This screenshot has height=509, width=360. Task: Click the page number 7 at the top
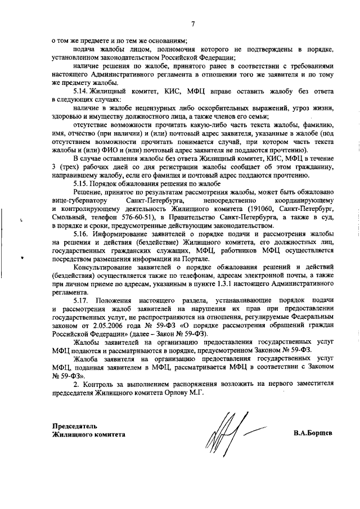click(192, 24)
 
